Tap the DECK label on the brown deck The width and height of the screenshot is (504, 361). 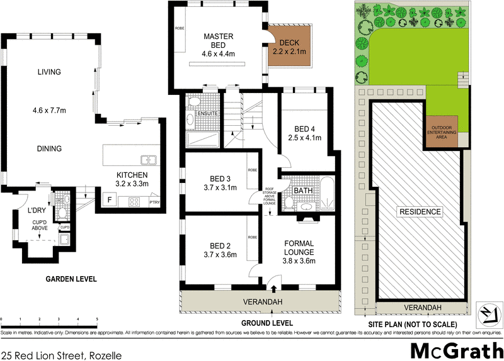pos(289,42)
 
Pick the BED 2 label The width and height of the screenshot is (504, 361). pos(219,245)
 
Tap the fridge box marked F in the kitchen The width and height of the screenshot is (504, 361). pos(110,201)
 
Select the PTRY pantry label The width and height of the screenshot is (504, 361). pos(154,202)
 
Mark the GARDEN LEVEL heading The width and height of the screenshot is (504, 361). pos(71,279)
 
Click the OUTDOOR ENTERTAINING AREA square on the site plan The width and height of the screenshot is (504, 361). pos(445,132)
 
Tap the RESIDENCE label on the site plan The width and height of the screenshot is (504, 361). pos(420,212)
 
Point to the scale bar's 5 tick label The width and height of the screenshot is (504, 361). pos(97,320)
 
